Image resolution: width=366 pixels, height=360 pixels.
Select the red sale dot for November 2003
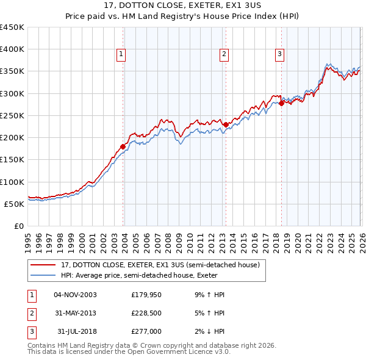pyautogui.click(x=123, y=146)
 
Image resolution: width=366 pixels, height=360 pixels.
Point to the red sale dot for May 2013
pyautogui.click(x=225, y=124)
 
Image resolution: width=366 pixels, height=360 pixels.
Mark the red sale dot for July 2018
pyautogui.click(x=281, y=104)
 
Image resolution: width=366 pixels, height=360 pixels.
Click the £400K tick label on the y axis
pyautogui.click(x=12, y=49)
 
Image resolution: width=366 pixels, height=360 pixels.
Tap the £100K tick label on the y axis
pyautogui.click(x=12, y=182)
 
